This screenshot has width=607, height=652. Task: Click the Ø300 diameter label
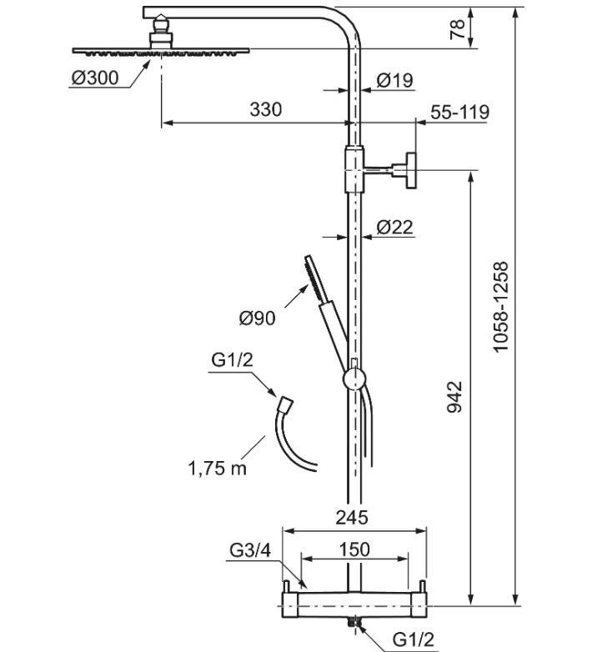click(95, 78)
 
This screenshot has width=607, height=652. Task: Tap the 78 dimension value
click(457, 28)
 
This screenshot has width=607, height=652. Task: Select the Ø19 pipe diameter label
click(394, 80)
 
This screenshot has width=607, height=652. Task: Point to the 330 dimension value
click(266, 109)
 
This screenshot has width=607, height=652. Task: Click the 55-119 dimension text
click(459, 113)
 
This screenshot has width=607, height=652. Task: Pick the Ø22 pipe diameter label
click(394, 227)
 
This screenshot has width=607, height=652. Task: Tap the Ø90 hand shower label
click(257, 318)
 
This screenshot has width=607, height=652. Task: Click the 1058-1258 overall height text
click(500, 307)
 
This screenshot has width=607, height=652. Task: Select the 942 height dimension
click(454, 397)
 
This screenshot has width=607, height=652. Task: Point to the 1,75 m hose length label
click(218, 469)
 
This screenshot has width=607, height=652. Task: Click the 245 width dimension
click(352, 518)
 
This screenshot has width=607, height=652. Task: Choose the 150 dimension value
click(354, 549)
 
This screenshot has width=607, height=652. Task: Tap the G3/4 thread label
click(250, 550)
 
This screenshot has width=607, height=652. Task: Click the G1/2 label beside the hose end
click(232, 359)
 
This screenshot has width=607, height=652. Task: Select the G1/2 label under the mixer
click(414, 639)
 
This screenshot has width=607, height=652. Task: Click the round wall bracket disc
click(411, 170)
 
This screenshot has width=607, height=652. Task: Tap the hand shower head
click(316, 278)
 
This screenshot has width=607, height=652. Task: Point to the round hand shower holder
click(354, 379)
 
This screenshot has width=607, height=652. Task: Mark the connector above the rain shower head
click(161, 32)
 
